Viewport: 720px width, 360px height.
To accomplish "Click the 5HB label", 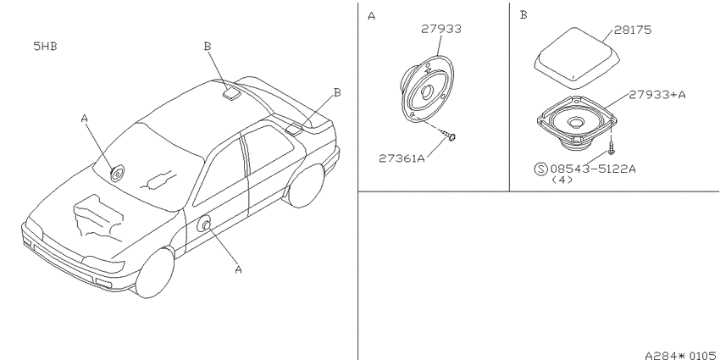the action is [x=45, y=46].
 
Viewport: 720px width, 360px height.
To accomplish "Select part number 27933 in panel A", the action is [x=441, y=29].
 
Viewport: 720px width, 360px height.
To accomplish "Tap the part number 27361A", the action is [x=402, y=158].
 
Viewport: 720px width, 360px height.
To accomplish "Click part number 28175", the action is [x=632, y=30].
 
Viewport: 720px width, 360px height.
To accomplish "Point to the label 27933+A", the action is [x=657, y=95].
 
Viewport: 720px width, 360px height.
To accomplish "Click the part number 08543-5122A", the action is [x=593, y=169].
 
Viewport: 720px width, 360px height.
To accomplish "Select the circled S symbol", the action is [x=541, y=169].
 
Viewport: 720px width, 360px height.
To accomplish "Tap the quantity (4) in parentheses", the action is [x=562, y=180].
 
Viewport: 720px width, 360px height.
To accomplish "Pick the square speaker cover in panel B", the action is [x=577, y=58].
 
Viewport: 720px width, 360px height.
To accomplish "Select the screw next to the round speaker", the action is [x=449, y=135].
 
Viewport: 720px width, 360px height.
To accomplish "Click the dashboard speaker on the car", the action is [x=117, y=174].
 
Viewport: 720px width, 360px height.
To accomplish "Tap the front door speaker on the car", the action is [x=204, y=224].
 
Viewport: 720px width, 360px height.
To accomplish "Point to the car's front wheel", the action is [x=155, y=274].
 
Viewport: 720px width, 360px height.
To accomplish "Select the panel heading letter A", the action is [x=372, y=17].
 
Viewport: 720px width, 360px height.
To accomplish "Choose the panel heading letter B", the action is [x=523, y=15].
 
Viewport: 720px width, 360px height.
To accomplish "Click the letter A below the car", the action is [x=238, y=270].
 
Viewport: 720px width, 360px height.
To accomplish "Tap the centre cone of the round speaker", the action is [x=426, y=91].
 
